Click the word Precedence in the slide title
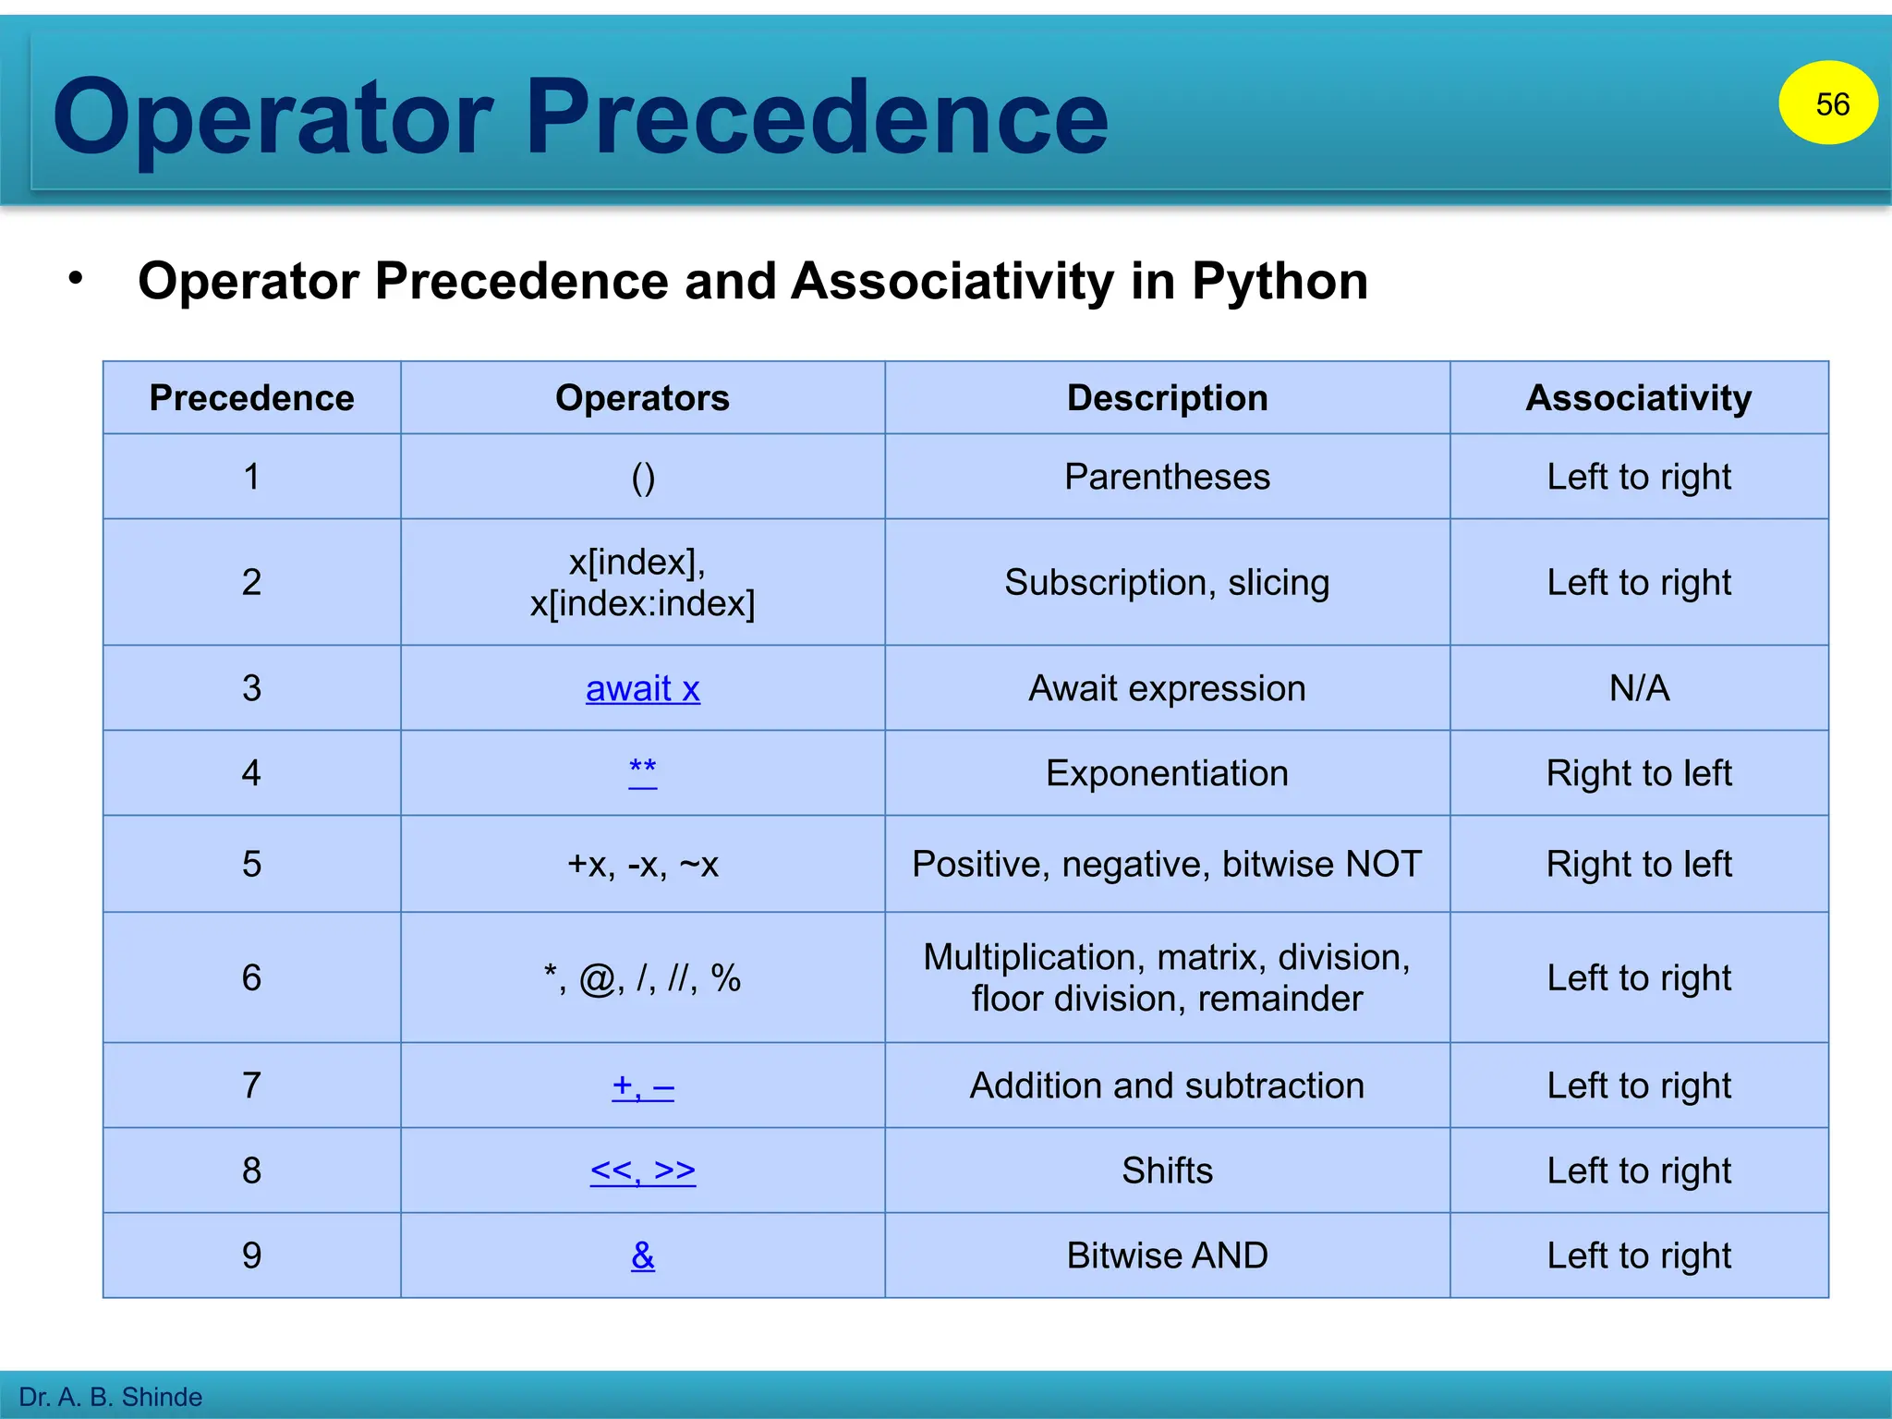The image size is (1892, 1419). coord(817,117)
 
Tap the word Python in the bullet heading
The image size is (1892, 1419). coord(1280,281)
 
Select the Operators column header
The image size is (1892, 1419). coord(642,398)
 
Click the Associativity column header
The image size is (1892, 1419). coord(1638,398)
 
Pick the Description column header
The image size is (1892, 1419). coord(1167,398)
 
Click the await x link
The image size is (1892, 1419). coord(642,688)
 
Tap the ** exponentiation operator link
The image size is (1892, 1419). coord(642,770)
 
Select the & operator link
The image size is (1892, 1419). coord(643,1255)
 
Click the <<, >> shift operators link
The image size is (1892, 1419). coord(642,1170)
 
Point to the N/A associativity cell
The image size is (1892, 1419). coord(1639,688)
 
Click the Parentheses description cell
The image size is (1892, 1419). coord(1167,477)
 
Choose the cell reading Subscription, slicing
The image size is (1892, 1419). coord(1167,582)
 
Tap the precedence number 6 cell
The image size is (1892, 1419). coord(251,977)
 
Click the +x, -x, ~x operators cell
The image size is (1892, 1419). coord(642,864)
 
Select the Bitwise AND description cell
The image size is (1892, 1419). coord(1167,1255)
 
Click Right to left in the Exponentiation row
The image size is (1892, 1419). coord(1639,773)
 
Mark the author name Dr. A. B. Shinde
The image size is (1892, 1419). coord(111,1397)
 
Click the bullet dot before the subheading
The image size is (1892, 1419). coord(76,277)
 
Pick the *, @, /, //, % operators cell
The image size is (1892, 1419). coord(642,978)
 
